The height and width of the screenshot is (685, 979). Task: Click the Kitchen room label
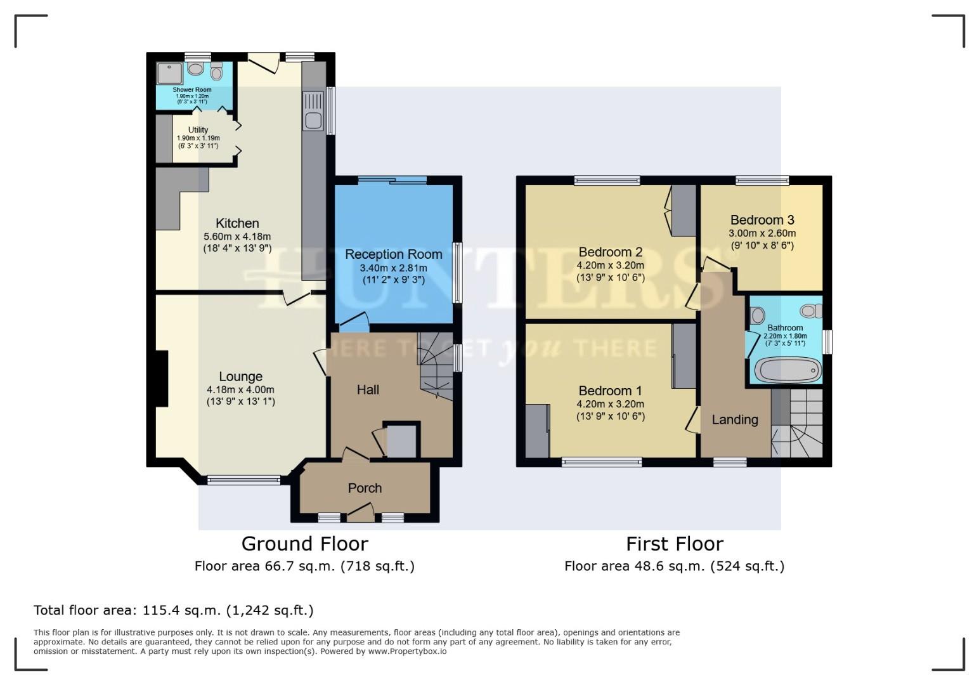pyautogui.click(x=237, y=223)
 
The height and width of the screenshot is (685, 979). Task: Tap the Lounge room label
pyautogui.click(x=240, y=377)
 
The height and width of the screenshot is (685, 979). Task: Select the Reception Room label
pyautogui.click(x=393, y=254)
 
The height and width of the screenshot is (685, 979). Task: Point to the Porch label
pyautogui.click(x=365, y=488)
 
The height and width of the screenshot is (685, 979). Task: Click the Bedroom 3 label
pyautogui.click(x=762, y=220)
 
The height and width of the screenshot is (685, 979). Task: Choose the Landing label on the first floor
pyautogui.click(x=734, y=419)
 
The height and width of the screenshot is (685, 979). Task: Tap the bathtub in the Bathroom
pyautogui.click(x=786, y=370)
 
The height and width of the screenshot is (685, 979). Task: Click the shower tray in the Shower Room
pyautogui.click(x=169, y=73)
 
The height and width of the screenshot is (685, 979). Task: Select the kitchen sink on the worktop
pyautogui.click(x=313, y=111)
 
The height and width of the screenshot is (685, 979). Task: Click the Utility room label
pyautogui.click(x=198, y=130)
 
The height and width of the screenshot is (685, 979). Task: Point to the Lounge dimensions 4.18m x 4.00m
pyautogui.click(x=240, y=390)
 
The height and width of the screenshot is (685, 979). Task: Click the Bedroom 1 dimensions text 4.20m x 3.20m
pyautogui.click(x=610, y=404)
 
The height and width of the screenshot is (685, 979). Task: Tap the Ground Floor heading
pyautogui.click(x=304, y=544)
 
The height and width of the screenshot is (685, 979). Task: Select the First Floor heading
pyautogui.click(x=674, y=544)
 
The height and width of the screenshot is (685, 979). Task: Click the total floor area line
pyautogui.click(x=173, y=610)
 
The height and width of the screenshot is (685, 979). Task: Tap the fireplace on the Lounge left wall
pyautogui.click(x=162, y=378)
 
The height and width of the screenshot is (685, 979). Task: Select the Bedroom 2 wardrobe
pyautogui.click(x=684, y=210)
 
